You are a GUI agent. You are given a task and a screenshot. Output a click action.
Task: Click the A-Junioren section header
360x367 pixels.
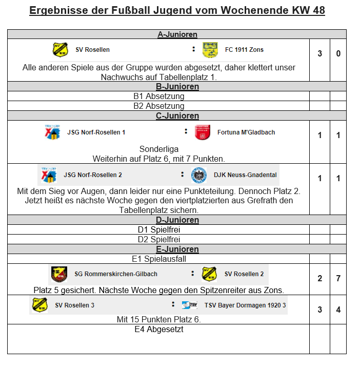click(x=177, y=34)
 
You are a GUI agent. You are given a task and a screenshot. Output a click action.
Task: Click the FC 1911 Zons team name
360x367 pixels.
click(x=244, y=50)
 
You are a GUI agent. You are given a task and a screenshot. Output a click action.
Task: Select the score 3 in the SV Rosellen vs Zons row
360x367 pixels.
click(x=319, y=53)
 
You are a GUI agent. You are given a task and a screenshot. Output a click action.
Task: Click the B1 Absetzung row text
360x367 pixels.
click(x=158, y=96)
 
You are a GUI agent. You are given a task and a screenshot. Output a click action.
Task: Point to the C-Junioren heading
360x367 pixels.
click(x=177, y=116)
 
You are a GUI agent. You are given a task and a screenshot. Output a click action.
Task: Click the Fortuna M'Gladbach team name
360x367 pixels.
click(x=246, y=132)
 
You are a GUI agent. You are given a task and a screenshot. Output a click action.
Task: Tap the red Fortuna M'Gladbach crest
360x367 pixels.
click(x=203, y=132)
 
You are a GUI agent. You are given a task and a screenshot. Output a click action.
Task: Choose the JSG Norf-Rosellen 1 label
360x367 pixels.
click(x=96, y=132)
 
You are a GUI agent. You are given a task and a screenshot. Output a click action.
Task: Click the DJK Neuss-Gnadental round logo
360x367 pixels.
click(x=199, y=175)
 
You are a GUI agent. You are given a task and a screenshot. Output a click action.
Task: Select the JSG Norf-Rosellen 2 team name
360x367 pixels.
click(x=93, y=175)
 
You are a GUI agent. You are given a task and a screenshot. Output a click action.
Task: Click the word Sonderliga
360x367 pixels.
click(x=158, y=149)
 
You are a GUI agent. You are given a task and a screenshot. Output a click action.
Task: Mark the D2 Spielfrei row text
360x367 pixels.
click(x=158, y=239)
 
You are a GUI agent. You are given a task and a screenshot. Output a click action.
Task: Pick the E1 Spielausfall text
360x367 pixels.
click(x=158, y=259)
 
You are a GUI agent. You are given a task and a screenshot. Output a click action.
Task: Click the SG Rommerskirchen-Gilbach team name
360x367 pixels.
click(x=116, y=274)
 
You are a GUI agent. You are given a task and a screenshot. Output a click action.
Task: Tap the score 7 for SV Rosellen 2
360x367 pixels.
click(x=338, y=279)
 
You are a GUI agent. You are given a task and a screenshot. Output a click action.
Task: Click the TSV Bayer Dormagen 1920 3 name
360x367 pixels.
click(x=245, y=305)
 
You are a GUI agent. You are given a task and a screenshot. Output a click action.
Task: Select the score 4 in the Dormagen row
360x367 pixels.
click(x=338, y=310)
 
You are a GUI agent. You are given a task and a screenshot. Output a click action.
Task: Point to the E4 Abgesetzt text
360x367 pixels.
click(x=158, y=330)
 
